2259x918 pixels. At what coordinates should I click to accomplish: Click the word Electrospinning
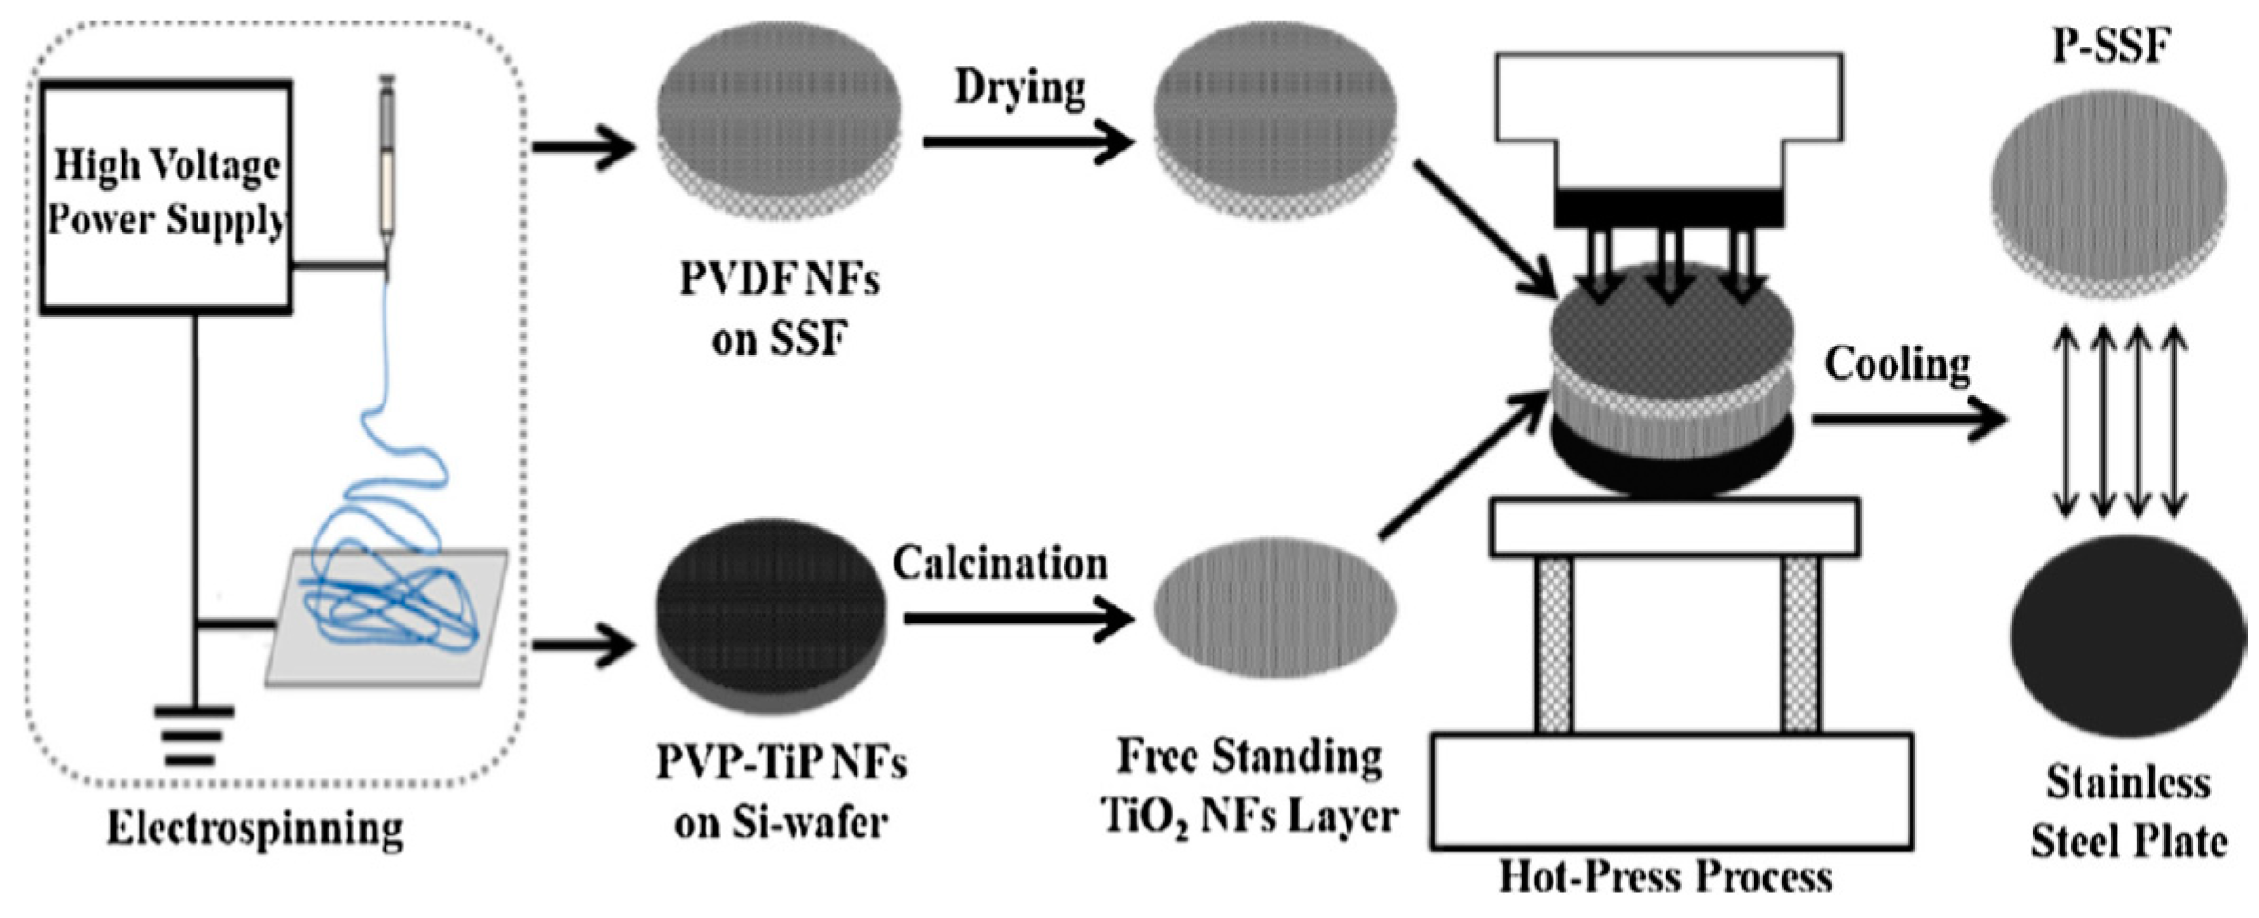(254, 829)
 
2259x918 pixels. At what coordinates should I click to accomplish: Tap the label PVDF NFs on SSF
(779, 309)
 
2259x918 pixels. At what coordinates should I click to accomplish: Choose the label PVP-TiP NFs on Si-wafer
(781, 793)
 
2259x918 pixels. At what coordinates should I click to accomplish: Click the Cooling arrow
(1909, 419)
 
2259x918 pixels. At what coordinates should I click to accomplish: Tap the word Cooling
(1897, 365)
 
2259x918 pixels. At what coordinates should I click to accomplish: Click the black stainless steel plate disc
(2127, 636)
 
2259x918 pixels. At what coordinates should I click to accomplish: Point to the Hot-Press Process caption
(1666, 876)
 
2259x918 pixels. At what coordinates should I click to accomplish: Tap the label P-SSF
(2111, 45)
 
